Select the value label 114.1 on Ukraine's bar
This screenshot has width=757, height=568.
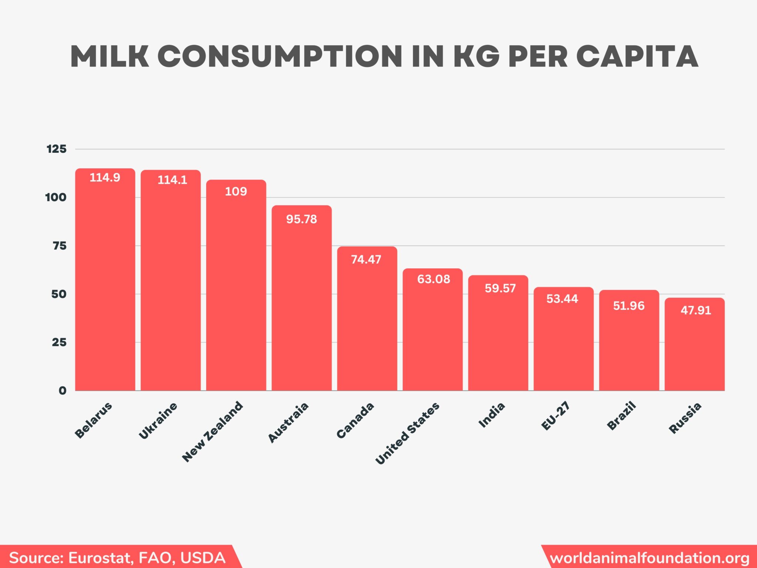click(x=172, y=180)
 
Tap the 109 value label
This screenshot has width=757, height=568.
click(x=236, y=192)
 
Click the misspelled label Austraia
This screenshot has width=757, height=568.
click(x=288, y=422)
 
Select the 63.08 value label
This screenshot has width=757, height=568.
click(x=434, y=279)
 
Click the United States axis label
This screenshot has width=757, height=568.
click(x=407, y=433)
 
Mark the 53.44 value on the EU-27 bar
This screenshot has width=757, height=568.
click(x=562, y=299)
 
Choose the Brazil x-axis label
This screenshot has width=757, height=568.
click(x=621, y=416)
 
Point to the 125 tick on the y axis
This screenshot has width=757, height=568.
click(x=57, y=149)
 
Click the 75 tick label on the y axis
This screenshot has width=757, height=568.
click(x=60, y=246)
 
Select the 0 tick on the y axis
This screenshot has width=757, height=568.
click(x=62, y=390)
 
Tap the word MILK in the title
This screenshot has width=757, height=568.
click(x=110, y=57)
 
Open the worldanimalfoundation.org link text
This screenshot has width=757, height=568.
click(x=650, y=558)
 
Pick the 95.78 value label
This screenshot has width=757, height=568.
click(x=302, y=219)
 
